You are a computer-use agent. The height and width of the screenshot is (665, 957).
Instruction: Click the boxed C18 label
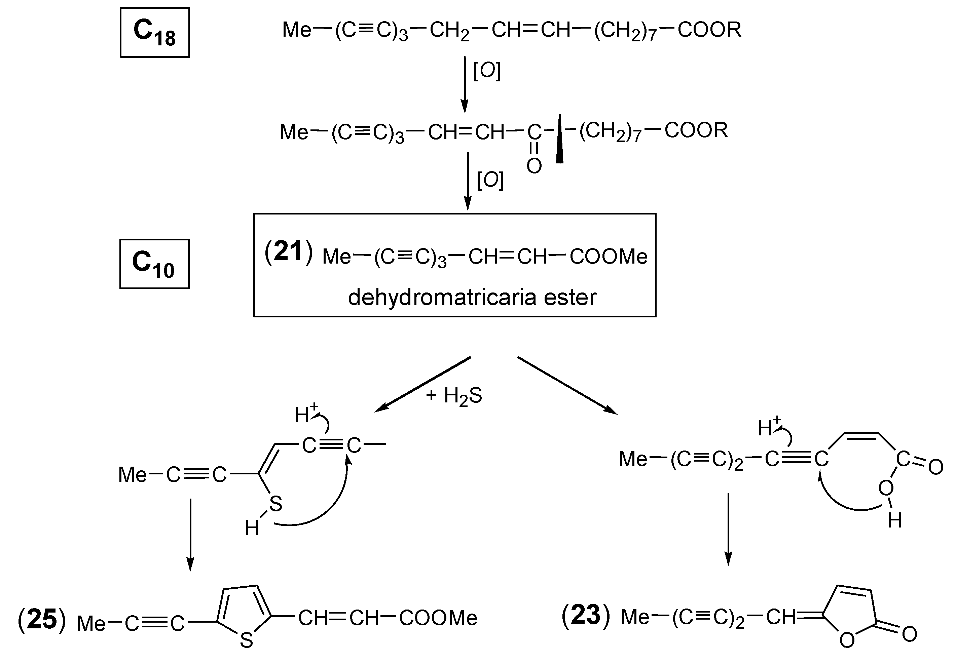[155, 33]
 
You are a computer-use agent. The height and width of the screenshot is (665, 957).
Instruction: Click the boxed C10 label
[154, 264]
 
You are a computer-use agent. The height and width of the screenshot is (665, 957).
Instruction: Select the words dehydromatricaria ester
[472, 298]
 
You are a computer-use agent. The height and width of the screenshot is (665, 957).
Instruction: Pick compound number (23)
[586, 616]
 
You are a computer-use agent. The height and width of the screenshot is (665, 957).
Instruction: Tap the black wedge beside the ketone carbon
[560, 140]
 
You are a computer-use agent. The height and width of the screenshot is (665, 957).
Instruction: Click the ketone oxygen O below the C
[534, 166]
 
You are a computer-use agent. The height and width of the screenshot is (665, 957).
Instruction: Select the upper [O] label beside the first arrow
[487, 72]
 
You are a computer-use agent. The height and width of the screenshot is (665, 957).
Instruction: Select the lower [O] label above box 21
[490, 181]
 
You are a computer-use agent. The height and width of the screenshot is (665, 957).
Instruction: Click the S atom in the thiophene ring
[246, 640]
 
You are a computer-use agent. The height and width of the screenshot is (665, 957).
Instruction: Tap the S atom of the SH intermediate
[275, 505]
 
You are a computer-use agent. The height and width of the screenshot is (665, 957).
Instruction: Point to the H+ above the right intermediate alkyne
[769, 427]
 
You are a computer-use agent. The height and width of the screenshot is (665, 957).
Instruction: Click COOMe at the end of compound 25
[438, 618]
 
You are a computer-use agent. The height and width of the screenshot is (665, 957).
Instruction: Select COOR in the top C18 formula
[709, 30]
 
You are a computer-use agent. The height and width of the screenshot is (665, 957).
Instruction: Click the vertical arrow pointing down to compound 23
[728, 529]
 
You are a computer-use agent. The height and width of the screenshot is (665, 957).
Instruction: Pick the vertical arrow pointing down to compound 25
[190, 535]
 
